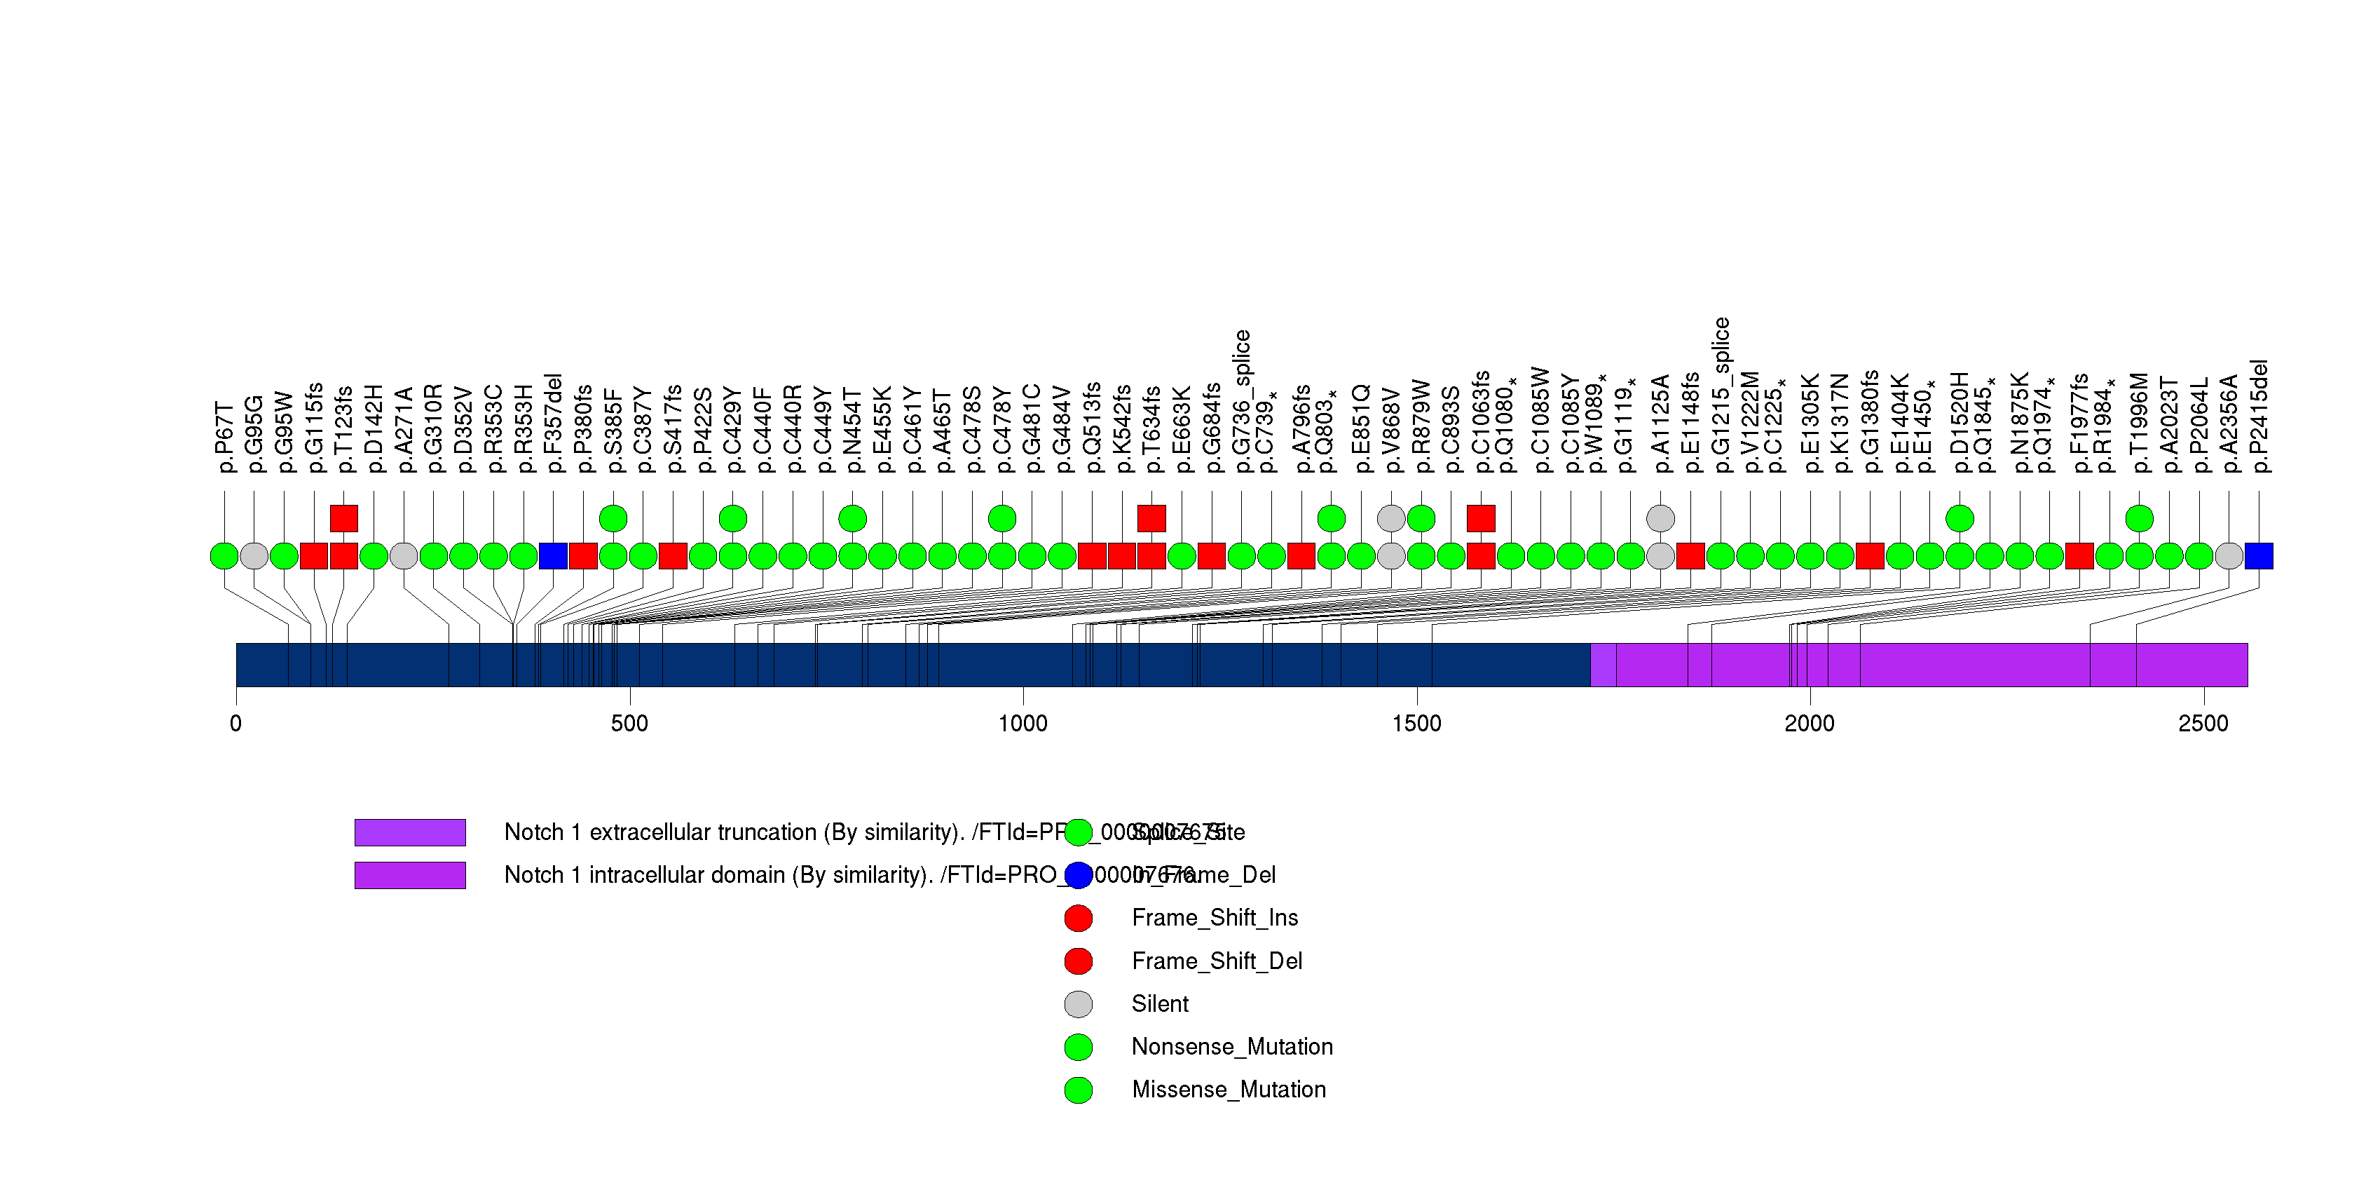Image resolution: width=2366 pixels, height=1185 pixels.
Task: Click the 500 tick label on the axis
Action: coord(629,724)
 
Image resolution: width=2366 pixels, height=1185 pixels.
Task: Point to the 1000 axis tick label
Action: coord(1023,724)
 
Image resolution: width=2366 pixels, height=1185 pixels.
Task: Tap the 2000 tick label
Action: coord(1810,724)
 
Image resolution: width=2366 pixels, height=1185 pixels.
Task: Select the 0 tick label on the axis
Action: coord(236,724)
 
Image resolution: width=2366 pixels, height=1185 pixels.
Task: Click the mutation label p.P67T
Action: coord(225,436)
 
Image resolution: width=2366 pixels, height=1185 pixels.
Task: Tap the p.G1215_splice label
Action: coord(1721,395)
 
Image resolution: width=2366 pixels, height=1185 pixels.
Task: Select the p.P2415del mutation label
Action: coord(2259,416)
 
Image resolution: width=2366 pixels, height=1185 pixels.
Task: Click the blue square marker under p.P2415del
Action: coord(2259,556)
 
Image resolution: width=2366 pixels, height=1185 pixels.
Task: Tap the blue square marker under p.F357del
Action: coord(553,556)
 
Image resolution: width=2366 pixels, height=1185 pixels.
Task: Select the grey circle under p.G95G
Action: coord(254,556)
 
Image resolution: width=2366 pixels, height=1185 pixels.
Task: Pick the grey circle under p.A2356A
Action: coord(2229,556)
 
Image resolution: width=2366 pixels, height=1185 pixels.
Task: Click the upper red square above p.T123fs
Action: coord(343,518)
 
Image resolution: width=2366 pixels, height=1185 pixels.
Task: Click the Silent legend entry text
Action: coord(1159,1004)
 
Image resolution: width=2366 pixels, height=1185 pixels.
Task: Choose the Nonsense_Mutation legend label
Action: coord(1231,1046)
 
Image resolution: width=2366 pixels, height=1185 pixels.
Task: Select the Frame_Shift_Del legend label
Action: coord(1216,961)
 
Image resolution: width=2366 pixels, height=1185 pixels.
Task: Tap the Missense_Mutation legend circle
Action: coord(1079,1090)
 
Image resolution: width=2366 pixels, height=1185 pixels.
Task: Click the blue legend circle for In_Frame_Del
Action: coord(1079,876)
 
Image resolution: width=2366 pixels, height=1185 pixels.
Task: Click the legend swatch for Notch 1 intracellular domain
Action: coord(410,876)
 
